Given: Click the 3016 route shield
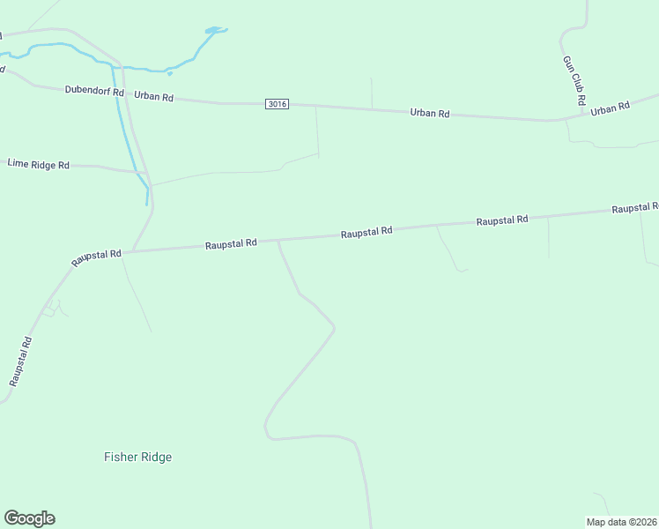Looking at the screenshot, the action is point(277,104).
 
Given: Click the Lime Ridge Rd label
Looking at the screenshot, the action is point(38,164).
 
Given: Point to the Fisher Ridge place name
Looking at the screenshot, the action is point(137,457).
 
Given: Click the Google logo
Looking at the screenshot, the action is point(29,518).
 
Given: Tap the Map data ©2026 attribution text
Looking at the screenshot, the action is point(621,522).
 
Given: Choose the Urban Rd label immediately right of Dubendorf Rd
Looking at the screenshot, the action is point(154,96).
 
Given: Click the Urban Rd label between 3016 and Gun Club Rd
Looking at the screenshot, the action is point(430,114).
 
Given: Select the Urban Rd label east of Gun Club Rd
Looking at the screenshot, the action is point(611,108).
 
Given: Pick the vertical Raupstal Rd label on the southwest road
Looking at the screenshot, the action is point(21,361).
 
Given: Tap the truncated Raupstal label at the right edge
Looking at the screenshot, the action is point(635,208).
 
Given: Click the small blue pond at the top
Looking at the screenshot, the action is point(215,31).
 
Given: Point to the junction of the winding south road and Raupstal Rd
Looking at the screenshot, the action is point(278,240).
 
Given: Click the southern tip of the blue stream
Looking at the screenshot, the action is point(147,204).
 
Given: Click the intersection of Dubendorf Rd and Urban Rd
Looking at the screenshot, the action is point(124,93).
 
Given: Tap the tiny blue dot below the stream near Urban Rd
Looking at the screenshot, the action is point(169,74).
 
